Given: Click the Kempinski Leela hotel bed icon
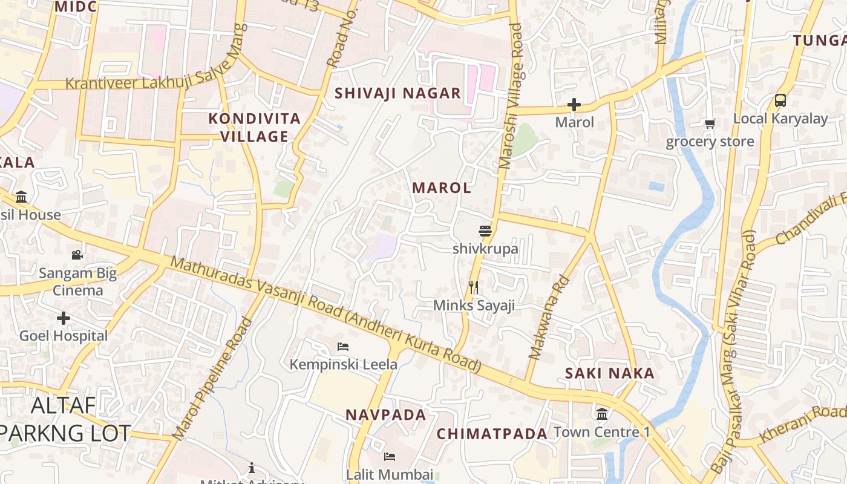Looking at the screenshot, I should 343,347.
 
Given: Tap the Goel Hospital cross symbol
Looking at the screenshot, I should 64,318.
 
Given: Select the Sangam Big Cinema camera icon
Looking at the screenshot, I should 77,255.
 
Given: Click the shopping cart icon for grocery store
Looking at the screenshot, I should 710,124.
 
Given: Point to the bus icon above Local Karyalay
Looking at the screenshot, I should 780,100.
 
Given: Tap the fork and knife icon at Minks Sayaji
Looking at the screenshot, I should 474,287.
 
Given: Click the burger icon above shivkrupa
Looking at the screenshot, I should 485,231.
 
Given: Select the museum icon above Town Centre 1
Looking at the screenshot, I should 602,414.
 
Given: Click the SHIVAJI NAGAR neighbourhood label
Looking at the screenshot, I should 398,93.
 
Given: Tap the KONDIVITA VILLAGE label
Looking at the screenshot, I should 255,127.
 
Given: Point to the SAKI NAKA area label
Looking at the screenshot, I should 610,373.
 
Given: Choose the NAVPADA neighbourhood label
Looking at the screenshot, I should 386,415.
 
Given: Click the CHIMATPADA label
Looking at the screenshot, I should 492,434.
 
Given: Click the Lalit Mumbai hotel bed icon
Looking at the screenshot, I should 390,456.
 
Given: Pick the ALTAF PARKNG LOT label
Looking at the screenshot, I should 64,419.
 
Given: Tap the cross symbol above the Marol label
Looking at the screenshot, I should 574,105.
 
